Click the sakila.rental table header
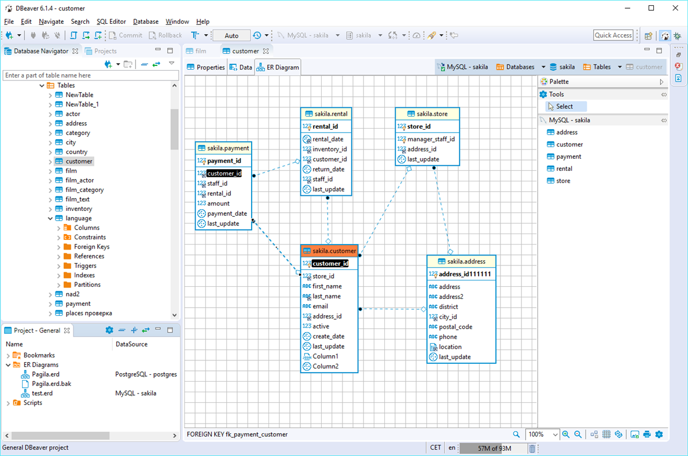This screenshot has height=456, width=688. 326,114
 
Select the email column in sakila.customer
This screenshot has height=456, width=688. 320,306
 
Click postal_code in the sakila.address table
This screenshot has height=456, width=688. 455,327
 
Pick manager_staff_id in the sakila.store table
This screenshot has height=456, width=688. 431,139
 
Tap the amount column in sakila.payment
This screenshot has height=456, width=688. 218,203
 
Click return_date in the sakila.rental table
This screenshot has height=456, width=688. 328,169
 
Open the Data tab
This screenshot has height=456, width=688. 241,67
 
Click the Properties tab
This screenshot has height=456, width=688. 206,67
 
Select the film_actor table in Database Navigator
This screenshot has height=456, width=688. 79,180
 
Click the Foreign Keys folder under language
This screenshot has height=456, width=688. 91,247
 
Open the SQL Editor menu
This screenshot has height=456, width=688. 111,21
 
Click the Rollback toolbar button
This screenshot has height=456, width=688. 165,35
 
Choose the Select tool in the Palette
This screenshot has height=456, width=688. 564,106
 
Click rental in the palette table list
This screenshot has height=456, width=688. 564,169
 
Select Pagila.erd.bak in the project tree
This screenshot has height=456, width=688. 51,384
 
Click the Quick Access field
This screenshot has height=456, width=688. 613,35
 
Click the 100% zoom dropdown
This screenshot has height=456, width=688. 542,435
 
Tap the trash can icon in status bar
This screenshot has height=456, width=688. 532,448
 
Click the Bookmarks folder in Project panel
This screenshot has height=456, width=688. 39,355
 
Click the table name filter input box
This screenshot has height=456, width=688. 91,75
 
